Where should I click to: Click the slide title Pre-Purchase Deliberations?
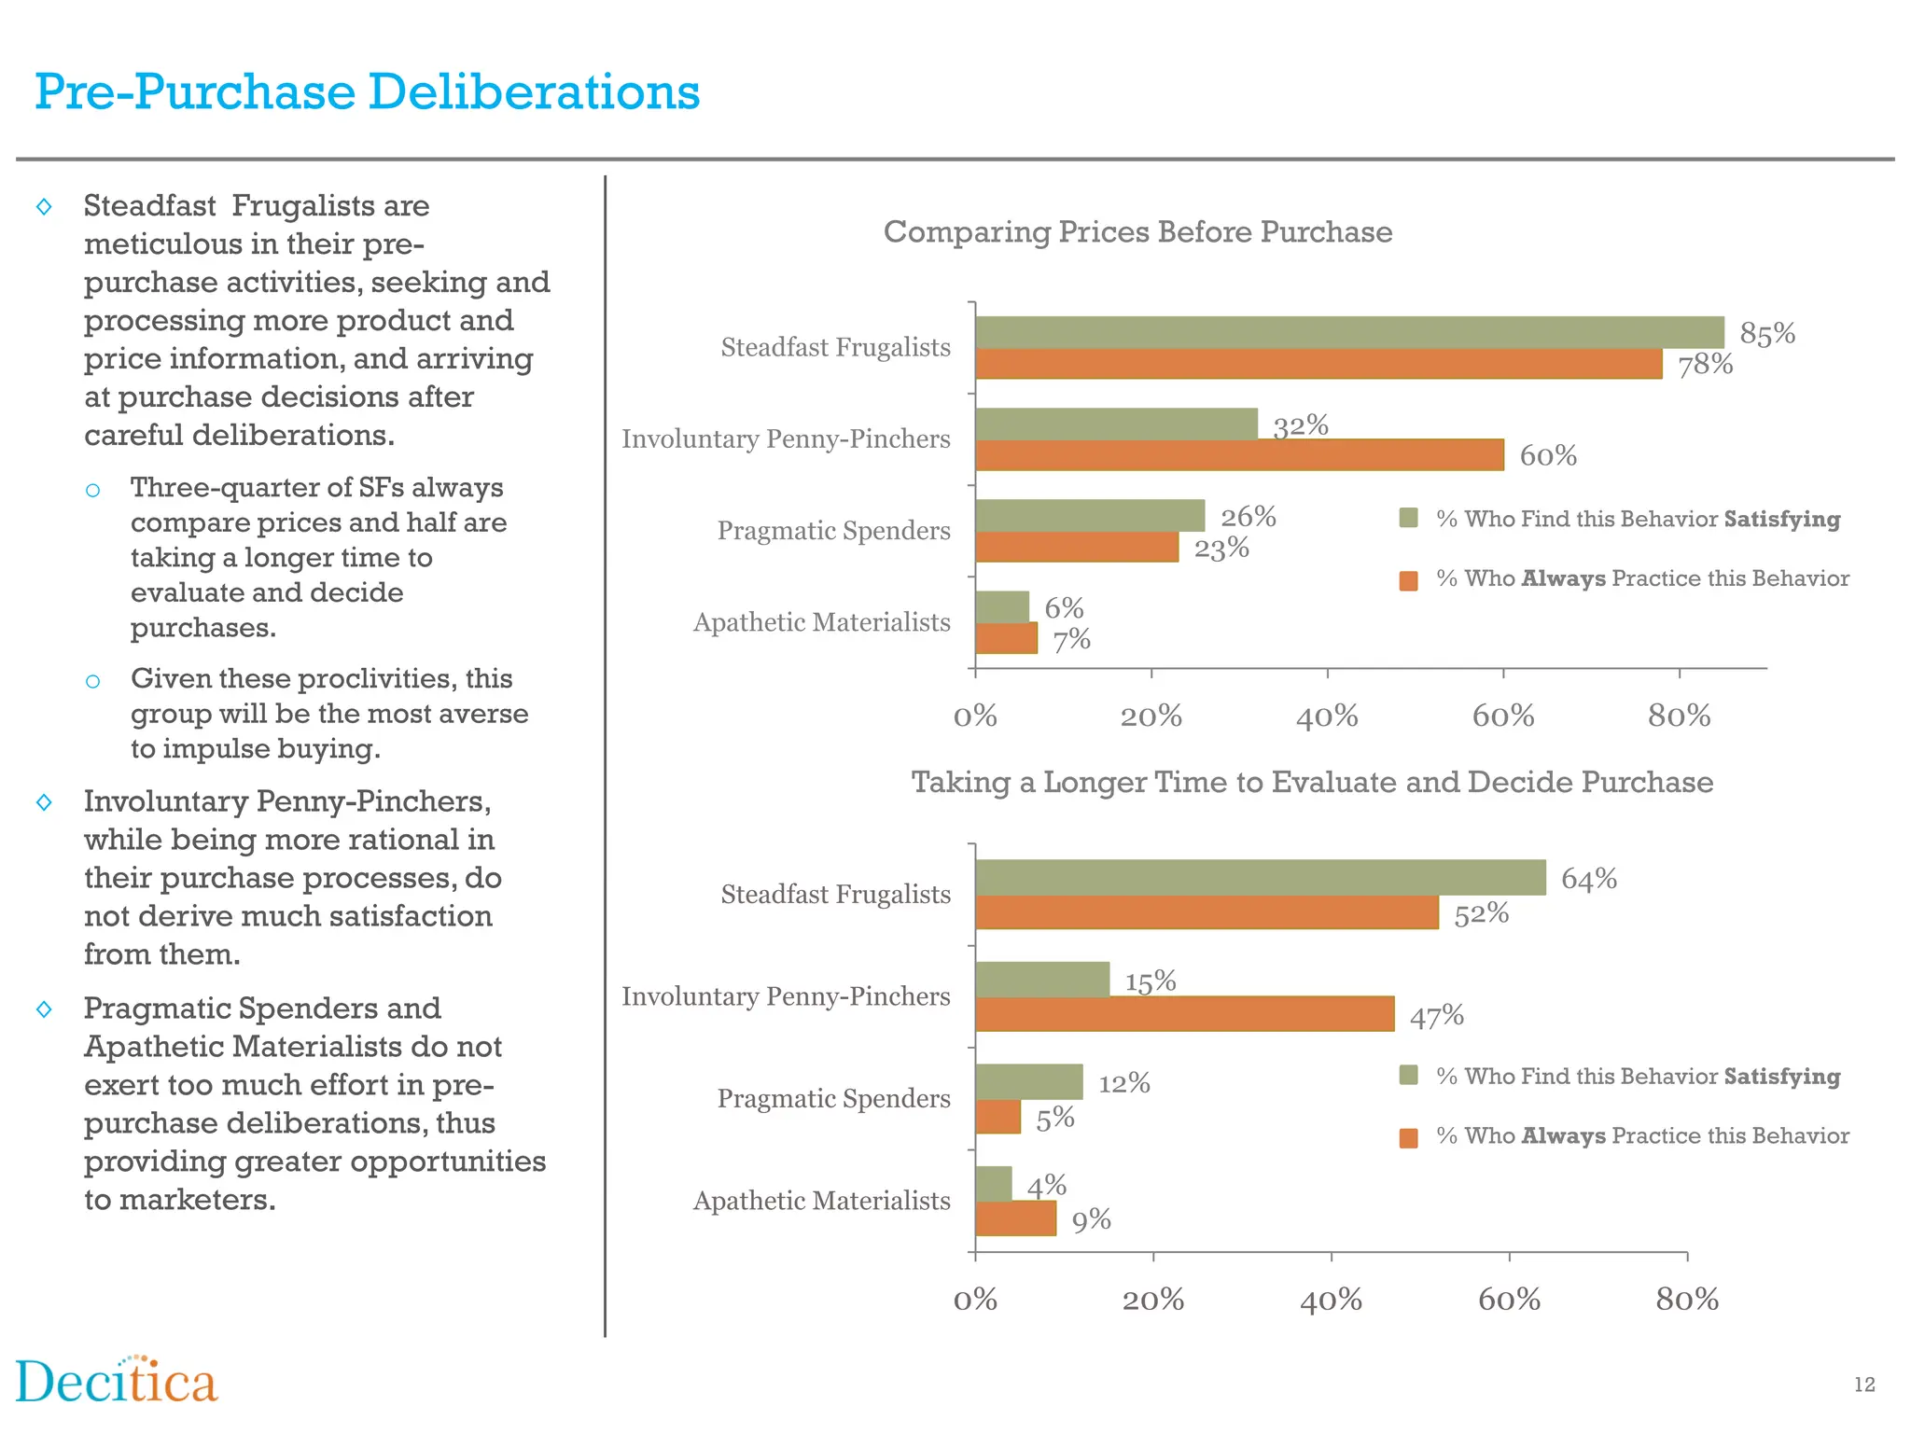pyautogui.click(x=367, y=92)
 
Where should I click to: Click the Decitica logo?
pyautogui.click(x=117, y=1382)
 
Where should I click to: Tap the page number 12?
pyautogui.click(x=1863, y=1384)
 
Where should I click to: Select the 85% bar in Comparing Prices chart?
pyautogui.click(x=1349, y=332)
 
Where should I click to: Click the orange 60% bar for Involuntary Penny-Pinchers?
pyautogui.click(x=1239, y=455)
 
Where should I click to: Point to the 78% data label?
pyautogui.click(x=1705, y=365)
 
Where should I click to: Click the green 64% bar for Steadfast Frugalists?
pyautogui.click(x=1260, y=877)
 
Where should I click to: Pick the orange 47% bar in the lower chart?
pyautogui.click(x=1184, y=1014)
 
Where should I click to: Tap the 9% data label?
pyautogui.click(x=1091, y=1220)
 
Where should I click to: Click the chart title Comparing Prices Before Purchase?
pyautogui.click(x=1137, y=231)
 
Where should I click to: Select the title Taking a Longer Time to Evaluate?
pyautogui.click(x=1312, y=782)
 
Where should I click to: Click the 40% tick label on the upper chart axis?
pyautogui.click(x=1327, y=716)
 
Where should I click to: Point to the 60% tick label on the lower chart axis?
pyautogui.click(x=1509, y=1300)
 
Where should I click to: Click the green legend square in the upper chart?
pyautogui.click(x=1409, y=518)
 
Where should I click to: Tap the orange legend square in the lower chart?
pyautogui.click(x=1409, y=1137)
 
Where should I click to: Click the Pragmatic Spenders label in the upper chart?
pyautogui.click(x=833, y=531)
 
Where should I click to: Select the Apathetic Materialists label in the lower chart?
pyautogui.click(x=821, y=1201)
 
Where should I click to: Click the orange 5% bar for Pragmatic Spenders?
pyautogui.click(x=997, y=1117)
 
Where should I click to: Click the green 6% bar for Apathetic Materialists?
pyautogui.click(x=1002, y=606)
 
